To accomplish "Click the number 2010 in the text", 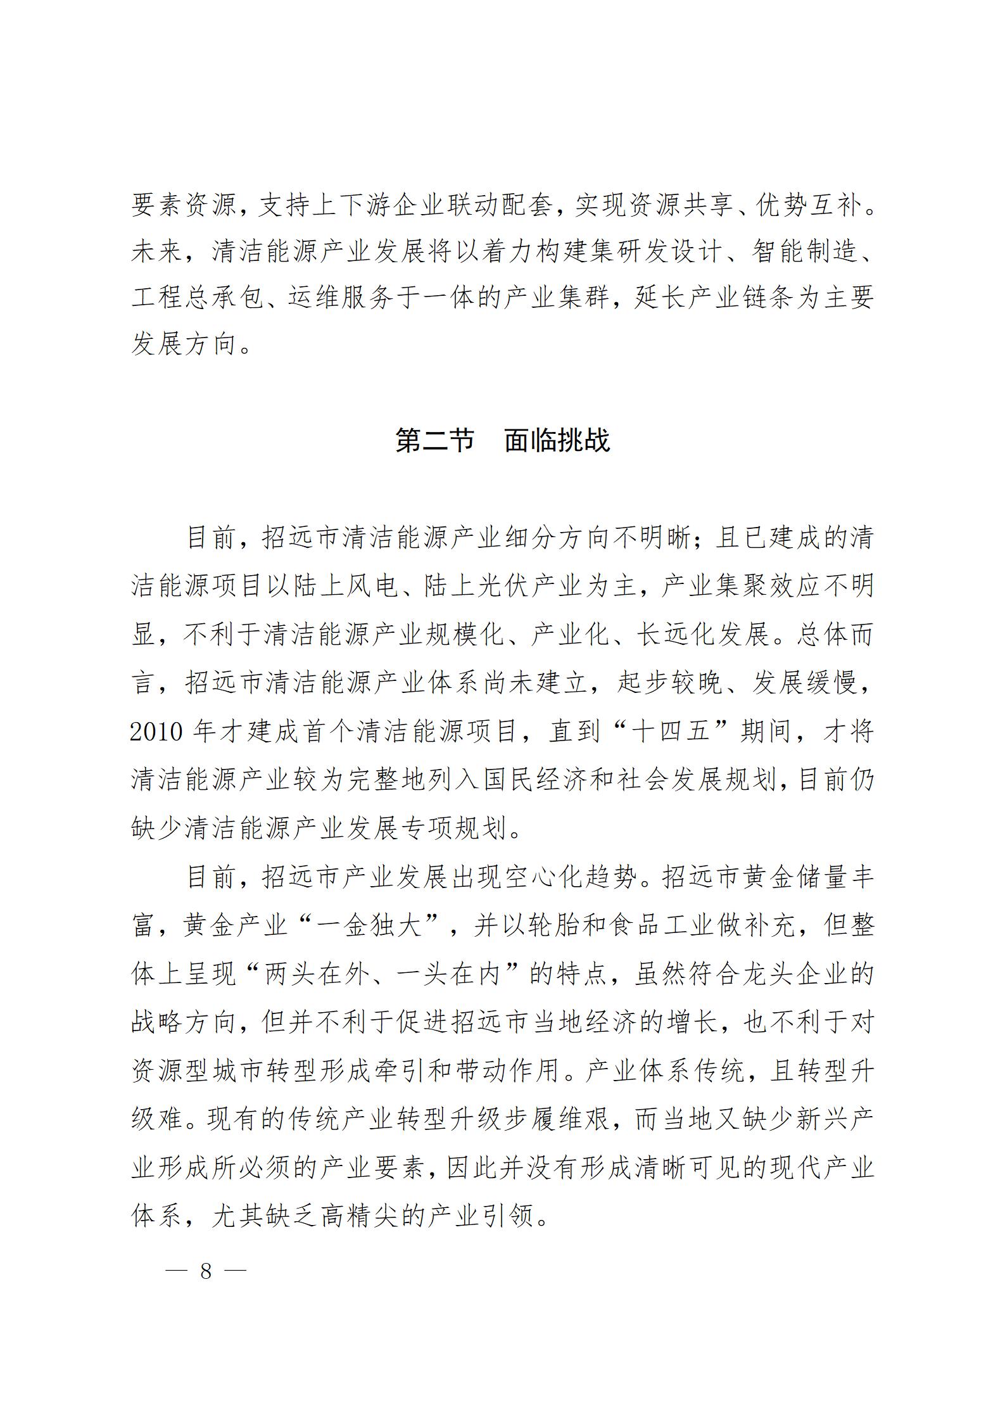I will (156, 732).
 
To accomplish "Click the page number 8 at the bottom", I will (205, 1271).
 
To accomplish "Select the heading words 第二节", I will (434, 440).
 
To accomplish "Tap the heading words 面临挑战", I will (557, 440).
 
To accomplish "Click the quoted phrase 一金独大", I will (369, 927).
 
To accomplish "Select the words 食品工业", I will (680, 927).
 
